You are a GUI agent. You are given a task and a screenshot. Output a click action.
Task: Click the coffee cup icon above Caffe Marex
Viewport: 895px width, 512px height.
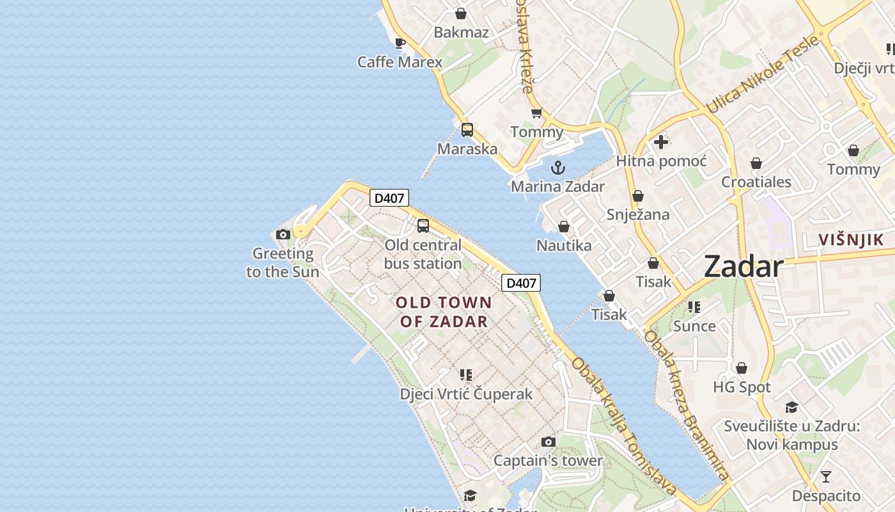[x=400, y=44]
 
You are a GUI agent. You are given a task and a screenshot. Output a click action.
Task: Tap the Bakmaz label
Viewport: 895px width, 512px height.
[x=461, y=33]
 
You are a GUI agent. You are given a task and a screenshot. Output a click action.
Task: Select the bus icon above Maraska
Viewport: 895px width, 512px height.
[x=467, y=130]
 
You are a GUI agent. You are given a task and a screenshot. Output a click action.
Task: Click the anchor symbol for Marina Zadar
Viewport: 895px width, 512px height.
[x=558, y=168]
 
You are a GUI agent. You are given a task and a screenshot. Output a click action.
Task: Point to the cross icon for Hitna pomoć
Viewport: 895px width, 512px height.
[x=661, y=142]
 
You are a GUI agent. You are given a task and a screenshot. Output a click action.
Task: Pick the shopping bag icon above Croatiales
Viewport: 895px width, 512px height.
[x=756, y=163]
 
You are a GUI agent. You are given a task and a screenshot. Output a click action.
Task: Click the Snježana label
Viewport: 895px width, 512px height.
[x=638, y=214]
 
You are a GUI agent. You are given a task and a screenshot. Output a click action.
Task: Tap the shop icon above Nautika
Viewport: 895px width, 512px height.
[x=564, y=227]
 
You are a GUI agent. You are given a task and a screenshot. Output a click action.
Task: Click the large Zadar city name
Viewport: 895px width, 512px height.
[x=743, y=266]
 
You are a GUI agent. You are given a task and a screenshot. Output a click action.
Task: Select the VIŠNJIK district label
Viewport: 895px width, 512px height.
[x=851, y=241]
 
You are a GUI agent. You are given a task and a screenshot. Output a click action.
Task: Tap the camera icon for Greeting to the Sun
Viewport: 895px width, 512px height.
[x=283, y=234]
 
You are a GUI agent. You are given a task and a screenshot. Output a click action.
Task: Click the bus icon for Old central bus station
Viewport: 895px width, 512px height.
[x=423, y=226]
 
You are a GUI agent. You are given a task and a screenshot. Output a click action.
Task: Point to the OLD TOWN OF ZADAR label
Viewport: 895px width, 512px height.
[x=444, y=312]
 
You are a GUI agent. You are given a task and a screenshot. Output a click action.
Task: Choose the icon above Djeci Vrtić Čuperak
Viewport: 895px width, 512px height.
[x=466, y=374]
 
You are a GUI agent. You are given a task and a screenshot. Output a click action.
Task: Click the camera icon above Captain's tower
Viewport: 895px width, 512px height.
[x=548, y=442]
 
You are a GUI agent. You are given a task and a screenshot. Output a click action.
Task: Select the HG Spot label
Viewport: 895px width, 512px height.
[x=742, y=387]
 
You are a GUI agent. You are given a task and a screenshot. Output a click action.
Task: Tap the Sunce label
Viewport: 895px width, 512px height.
[x=694, y=326]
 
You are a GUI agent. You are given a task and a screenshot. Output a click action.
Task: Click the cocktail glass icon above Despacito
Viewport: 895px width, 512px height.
[x=826, y=477]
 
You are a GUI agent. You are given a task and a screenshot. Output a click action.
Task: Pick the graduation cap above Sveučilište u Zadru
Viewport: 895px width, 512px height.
[x=792, y=408]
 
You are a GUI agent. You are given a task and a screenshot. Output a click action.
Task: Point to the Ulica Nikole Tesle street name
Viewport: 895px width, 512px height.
[x=762, y=75]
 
